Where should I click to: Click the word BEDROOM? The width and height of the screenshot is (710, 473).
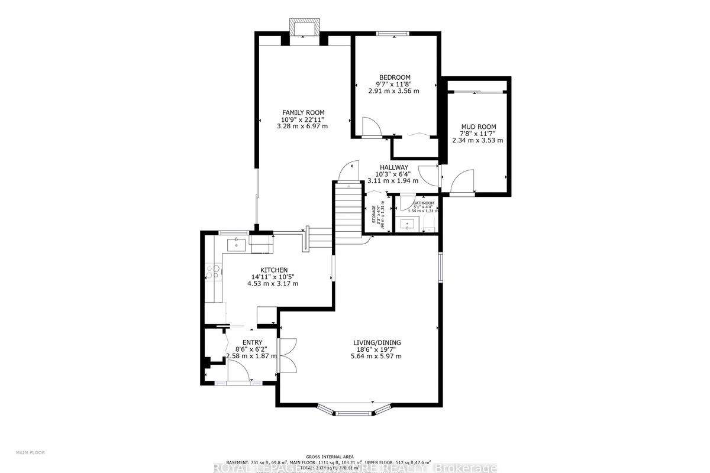395,77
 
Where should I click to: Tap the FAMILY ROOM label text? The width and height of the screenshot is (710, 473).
303,112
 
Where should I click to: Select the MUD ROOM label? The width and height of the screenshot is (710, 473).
479,127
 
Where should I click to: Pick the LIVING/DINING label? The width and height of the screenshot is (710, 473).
377,342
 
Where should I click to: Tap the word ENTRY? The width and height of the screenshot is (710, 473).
252,342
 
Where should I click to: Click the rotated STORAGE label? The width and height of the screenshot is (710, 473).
374,214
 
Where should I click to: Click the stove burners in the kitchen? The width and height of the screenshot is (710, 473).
212,272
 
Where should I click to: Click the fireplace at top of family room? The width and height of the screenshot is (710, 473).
305,28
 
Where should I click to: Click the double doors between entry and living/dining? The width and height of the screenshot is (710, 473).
288,355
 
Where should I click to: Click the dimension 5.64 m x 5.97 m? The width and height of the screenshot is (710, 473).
377,356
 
